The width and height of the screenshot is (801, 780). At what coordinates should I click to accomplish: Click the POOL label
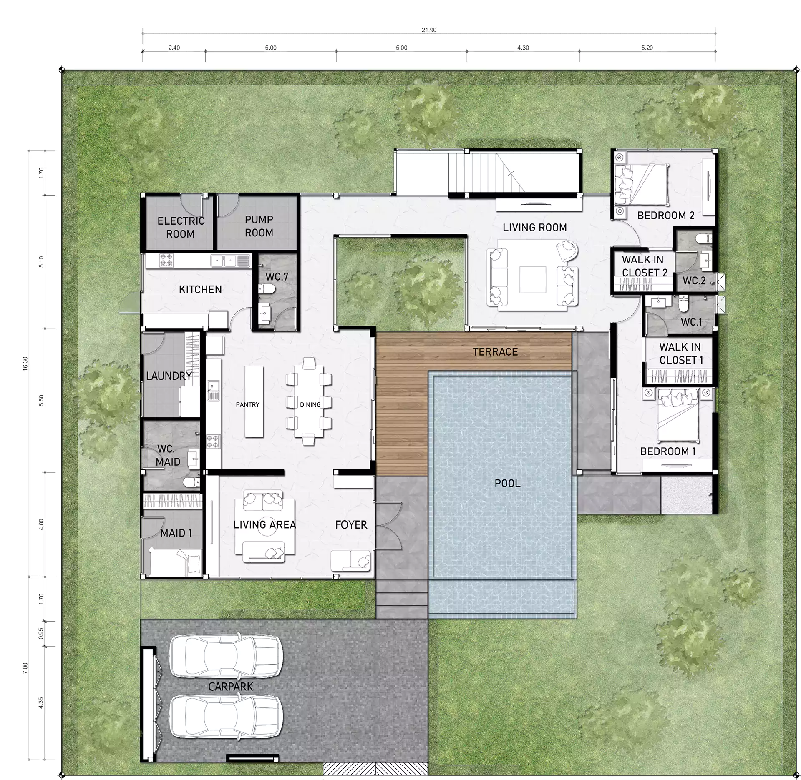click(507, 484)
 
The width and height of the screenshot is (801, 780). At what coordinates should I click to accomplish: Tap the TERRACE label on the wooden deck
click(495, 352)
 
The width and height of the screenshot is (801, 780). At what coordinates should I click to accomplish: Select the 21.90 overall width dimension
click(429, 30)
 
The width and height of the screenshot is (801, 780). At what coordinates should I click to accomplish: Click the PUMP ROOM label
click(259, 226)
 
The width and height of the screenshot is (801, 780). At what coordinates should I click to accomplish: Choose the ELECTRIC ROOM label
click(181, 227)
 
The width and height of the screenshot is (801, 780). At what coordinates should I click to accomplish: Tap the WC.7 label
click(277, 277)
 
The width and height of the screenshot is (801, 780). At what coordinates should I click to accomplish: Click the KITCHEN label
click(200, 289)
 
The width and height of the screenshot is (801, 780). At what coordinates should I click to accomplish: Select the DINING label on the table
click(310, 405)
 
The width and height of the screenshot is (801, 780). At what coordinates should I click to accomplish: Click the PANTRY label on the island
click(247, 405)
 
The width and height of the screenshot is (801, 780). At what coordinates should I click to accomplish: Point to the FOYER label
click(351, 525)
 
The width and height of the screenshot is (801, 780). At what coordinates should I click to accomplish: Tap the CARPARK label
click(231, 687)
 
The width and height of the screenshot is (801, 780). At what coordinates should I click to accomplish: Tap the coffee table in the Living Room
click(533, 279)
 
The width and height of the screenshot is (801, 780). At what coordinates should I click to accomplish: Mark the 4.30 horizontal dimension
click(523, 48)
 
